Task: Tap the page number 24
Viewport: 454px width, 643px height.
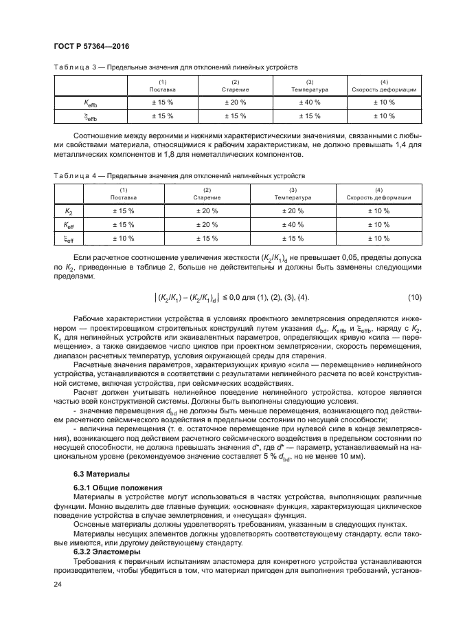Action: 58,585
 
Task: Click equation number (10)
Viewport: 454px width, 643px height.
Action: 414,296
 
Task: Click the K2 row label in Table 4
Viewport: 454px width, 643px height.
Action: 69,211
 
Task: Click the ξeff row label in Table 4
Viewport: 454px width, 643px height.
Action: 69,238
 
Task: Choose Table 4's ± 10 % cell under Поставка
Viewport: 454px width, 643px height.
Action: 124,238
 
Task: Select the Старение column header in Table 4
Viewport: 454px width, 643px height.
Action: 207,194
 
